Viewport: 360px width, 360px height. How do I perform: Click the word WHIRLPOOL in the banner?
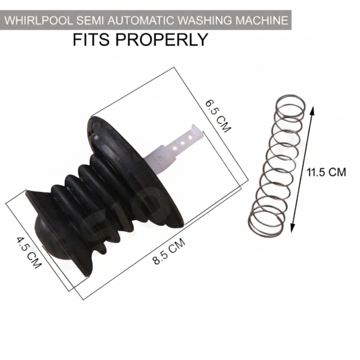pyautogui.click(x=38, y=20)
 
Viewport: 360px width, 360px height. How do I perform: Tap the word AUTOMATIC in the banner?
pyautogui.click(x=141, y=20)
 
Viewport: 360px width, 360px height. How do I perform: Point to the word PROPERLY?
pyautogui.click(x=161, y=40)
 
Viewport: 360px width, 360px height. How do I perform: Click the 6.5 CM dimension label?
pyautogui.click(x=218, y=115)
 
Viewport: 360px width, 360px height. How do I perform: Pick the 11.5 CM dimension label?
pyautogui.click(x=326, y=172)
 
